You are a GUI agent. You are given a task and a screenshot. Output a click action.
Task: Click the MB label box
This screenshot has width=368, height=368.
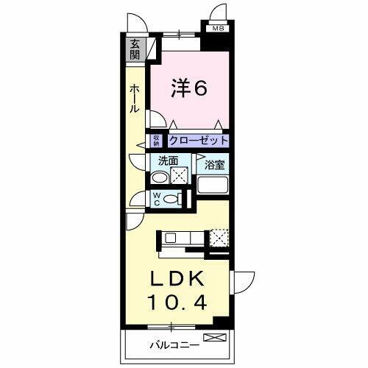tap(218, 29)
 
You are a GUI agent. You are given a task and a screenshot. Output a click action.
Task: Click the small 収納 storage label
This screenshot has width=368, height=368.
tap(157, 140)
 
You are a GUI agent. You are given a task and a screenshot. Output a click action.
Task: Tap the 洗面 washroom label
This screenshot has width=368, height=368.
tap(166, 160)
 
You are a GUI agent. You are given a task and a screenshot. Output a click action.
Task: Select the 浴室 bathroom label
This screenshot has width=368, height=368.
tap(214, 166)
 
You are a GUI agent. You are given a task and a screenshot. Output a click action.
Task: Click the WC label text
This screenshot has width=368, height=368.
tap(156, 199)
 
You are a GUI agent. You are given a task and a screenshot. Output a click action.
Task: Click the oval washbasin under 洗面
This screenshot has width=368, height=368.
tap(158, 177)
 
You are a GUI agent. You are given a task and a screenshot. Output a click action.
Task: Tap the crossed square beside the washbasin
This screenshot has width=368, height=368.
tap(180, 177)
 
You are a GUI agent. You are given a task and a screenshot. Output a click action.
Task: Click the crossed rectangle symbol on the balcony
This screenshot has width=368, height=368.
tap(216, 338)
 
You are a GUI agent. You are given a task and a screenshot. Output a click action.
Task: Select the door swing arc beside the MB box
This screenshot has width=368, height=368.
tap(217, 13)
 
